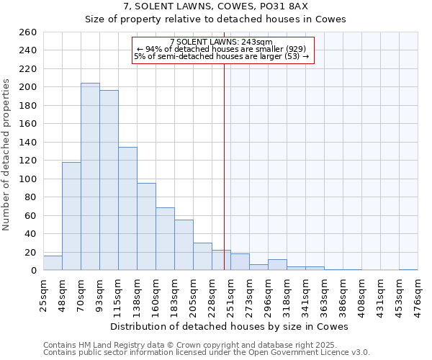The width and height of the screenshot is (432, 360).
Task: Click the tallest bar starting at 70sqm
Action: click(x=90, y=176)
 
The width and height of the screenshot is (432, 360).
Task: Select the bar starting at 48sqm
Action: click(x=71, y=216)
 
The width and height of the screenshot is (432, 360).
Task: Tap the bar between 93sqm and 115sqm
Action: click(x=109, y=180)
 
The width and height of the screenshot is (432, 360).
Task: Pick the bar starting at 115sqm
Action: click(x=127, y=209)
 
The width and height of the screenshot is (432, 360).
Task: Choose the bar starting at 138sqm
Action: click(x=146, y=227)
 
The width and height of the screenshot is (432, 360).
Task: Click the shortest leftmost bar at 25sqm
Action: click(x=53, y=263)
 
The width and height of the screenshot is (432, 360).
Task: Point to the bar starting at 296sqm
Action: click(x=277, y=265)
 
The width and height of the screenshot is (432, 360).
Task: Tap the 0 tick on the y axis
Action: click(x=33, y=271)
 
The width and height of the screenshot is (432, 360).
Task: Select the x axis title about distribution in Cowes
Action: click(x=230, y=326)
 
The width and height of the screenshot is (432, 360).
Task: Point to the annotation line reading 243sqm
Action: click(x=221, y=42)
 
